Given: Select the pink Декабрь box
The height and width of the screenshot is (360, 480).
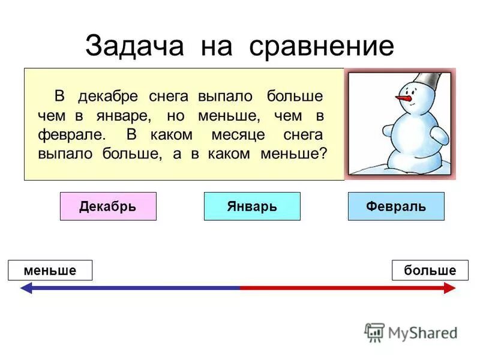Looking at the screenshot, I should (108, 206).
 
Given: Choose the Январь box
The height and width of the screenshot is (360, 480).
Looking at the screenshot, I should (252, 206).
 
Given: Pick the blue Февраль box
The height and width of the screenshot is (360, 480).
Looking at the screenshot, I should (396, 206).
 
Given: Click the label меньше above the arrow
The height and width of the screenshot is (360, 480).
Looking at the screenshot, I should (50, 271).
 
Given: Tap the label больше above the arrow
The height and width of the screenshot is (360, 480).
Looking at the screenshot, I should (430, 271).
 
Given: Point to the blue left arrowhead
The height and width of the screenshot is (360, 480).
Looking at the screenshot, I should (26, 288).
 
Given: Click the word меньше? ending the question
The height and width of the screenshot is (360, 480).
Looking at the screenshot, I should (294, 154).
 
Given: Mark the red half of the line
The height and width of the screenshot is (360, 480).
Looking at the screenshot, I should (342, 288).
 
